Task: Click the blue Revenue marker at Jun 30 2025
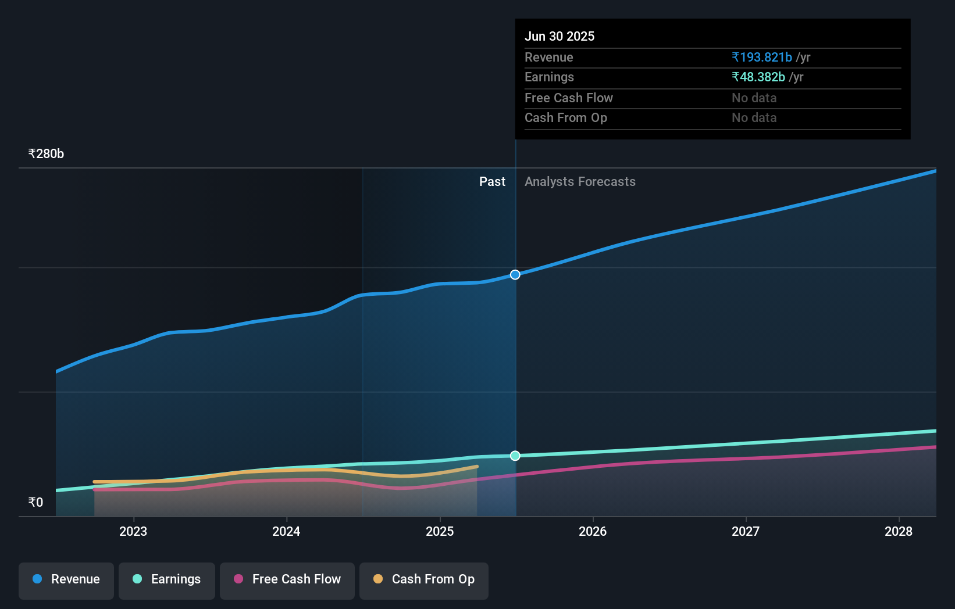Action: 515,275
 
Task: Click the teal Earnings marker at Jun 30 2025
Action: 515,456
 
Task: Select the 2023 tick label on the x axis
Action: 133,531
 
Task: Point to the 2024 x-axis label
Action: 286,531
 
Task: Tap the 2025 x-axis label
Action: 440,531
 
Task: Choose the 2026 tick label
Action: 593,531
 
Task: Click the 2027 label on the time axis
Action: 746,531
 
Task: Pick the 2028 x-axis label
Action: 899,531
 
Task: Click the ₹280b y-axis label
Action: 46,154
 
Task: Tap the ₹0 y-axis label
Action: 35,503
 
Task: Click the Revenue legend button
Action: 66,579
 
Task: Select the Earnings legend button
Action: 167,579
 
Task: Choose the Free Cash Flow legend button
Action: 287,579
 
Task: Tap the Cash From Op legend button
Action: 424,579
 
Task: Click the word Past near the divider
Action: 492,182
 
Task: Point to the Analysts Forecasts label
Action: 580,182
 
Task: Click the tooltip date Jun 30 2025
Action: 560,37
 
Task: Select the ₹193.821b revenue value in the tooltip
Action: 762,58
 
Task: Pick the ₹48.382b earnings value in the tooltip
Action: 758,77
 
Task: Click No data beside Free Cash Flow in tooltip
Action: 754,98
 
